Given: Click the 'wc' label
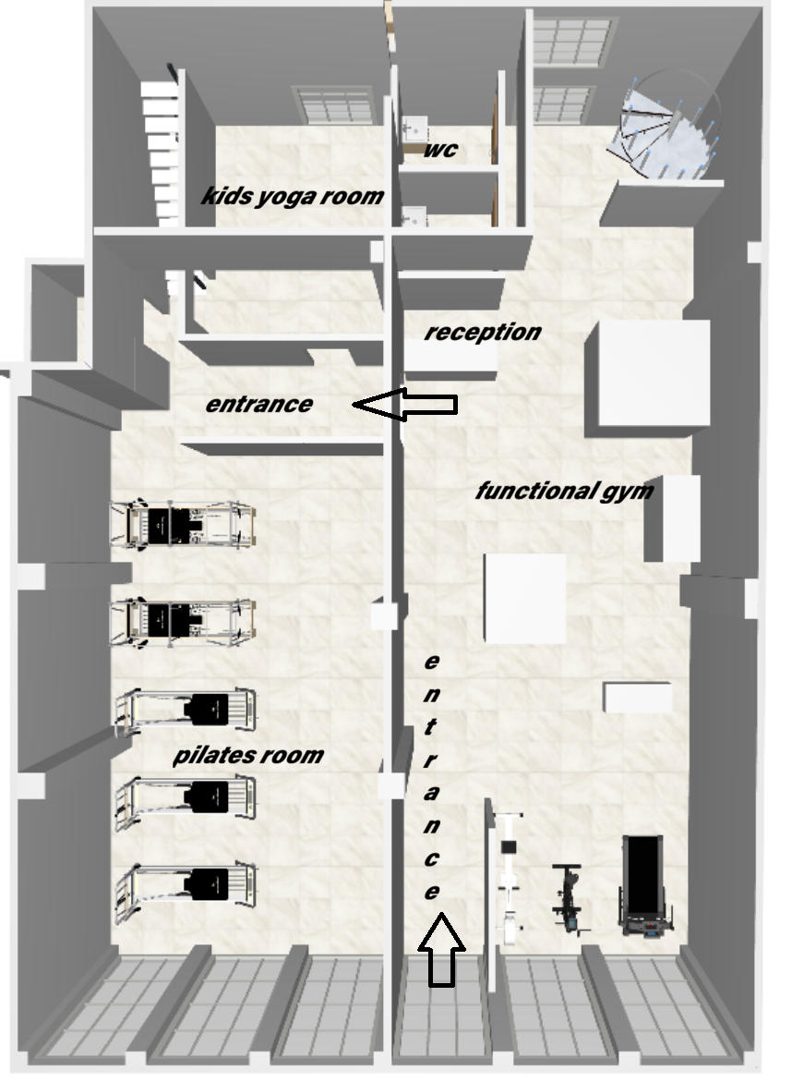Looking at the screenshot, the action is [x=439, y=149].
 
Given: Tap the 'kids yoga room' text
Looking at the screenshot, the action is [x=293, y=196].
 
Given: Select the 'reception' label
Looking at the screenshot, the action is [x=483, y=333].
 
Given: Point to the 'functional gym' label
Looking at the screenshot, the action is [x=564, y=492].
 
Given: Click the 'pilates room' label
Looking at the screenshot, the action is [x=248, y=755].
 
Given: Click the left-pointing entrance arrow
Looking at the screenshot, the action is [x=405, y=404].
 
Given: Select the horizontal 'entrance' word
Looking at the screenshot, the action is [x=259, y=404].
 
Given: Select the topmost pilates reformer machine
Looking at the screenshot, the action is [x=184, y=524].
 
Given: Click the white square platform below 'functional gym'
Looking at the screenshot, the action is [x=525, y=598].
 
